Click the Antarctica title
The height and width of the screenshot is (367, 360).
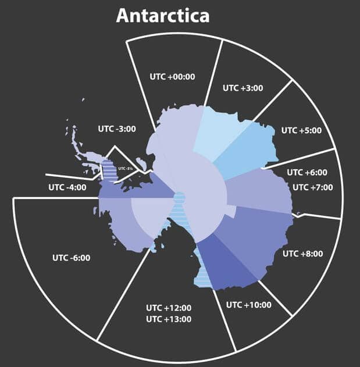point(162,15)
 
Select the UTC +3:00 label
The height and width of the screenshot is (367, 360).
point(243,88)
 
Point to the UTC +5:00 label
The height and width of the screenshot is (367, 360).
point(301,130)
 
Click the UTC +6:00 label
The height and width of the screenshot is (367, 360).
point(307,172)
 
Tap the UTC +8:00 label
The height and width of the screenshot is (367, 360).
point(302,254)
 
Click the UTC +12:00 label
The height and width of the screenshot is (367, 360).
point(169,308)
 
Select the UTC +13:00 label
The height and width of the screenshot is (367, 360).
point(169,319)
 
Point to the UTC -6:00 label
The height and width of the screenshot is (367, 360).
point(71,257)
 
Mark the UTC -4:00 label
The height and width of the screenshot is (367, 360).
point(67,187)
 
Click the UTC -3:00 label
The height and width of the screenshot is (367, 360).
point(116,129)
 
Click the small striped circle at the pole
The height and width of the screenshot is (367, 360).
point(179,198)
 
